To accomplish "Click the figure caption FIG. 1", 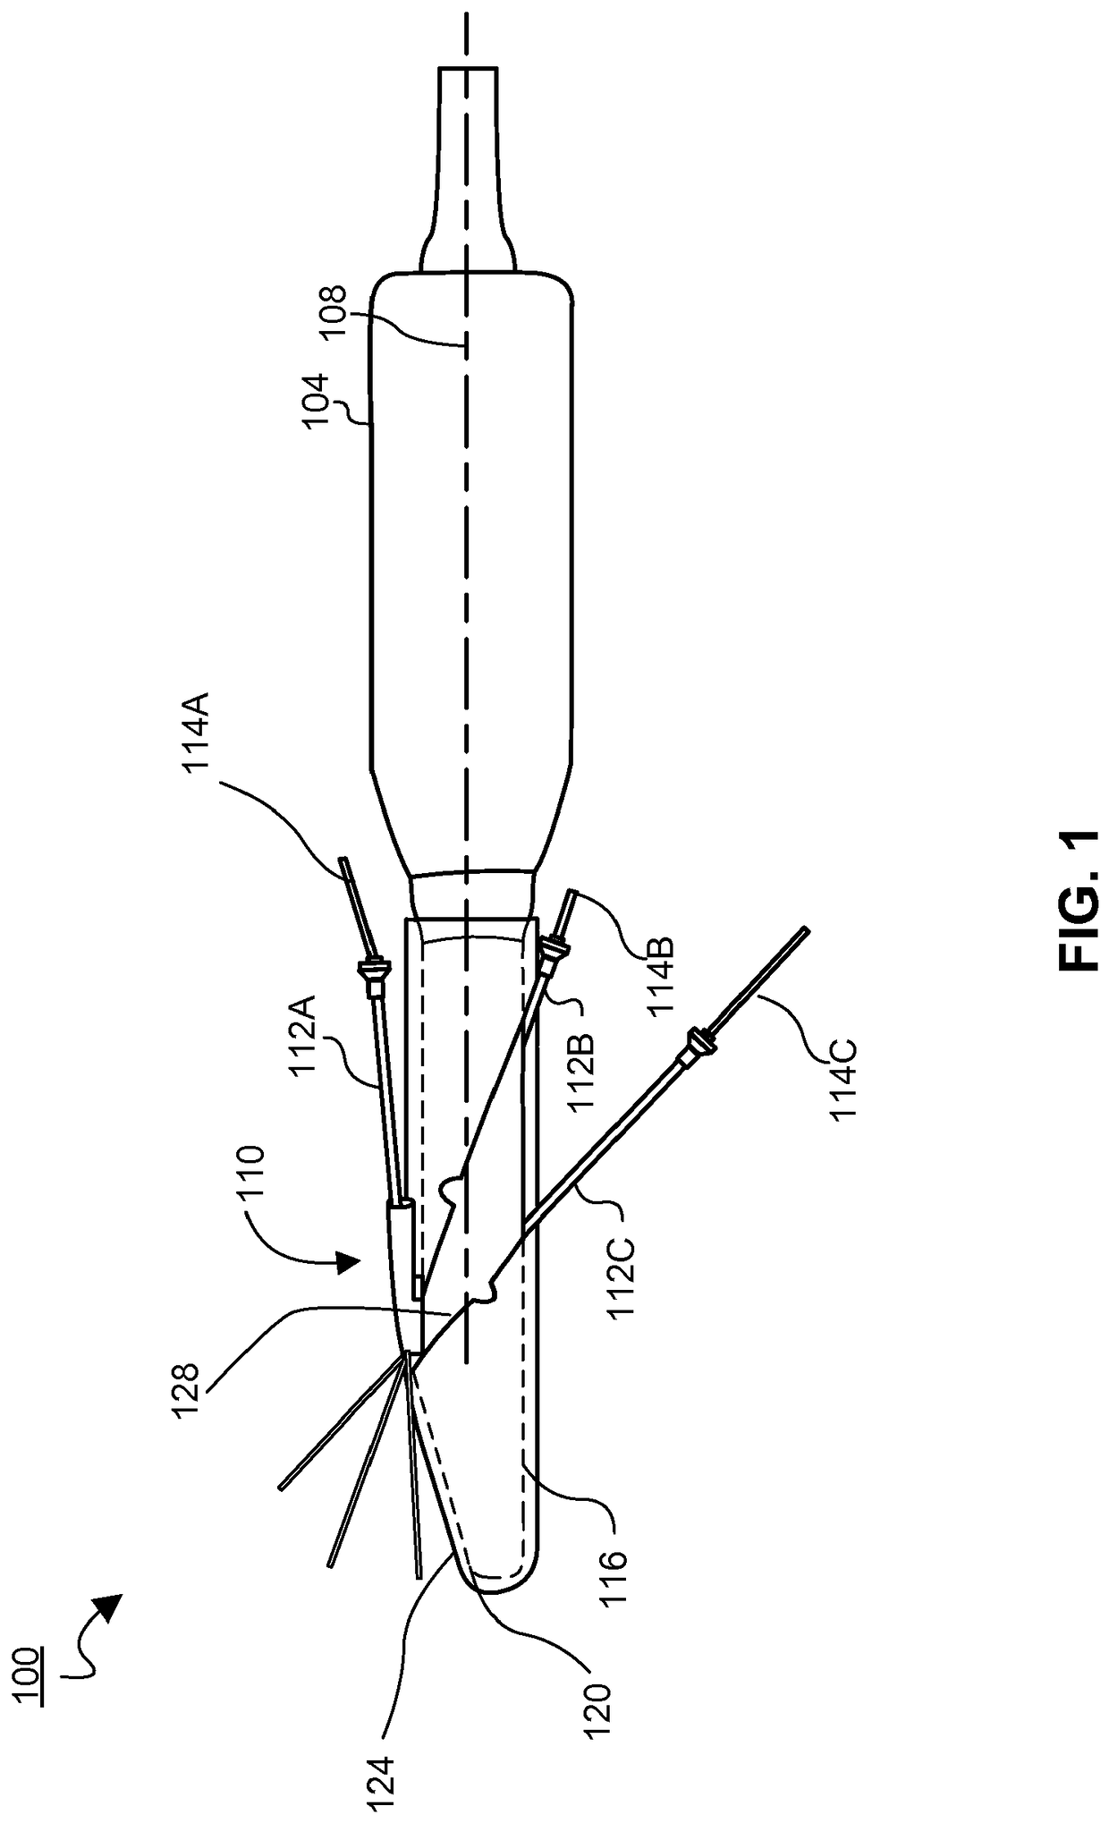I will (1078, 902).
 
